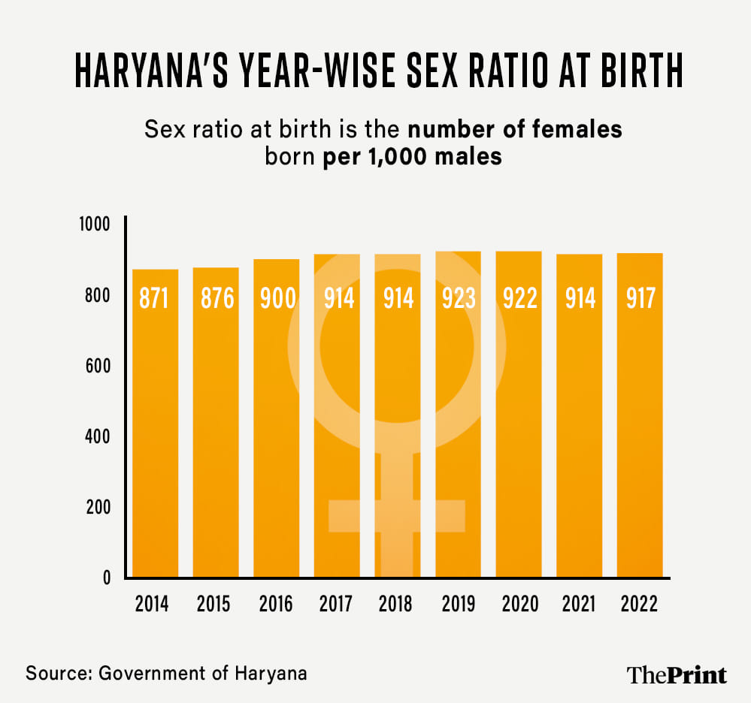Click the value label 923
click(x=459, y=298)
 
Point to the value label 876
click(x=217, y=298)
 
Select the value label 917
click(x=640, y=298)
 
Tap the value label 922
click(x=519, y=298)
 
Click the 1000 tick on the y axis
click(x=95, y=225)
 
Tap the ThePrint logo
click(x=677, y=674)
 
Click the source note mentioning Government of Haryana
click(x=167, y=672)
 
